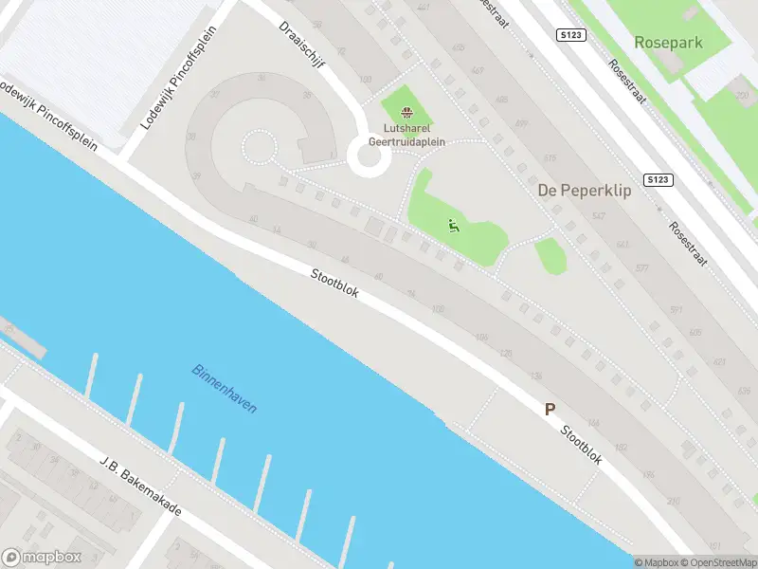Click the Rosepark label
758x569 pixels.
click(669, 42)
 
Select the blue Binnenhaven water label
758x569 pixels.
click(224, 388)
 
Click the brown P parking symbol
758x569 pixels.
click(549, 410)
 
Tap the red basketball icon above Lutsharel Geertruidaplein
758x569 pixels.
click(407, 114)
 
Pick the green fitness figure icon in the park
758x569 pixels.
click(453, 226)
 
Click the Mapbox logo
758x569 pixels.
click(42, 558)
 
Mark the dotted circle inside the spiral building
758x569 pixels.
click(258, 147)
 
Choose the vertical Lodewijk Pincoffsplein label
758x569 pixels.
click(178, 78)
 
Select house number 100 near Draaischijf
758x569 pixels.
click(366, 80)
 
